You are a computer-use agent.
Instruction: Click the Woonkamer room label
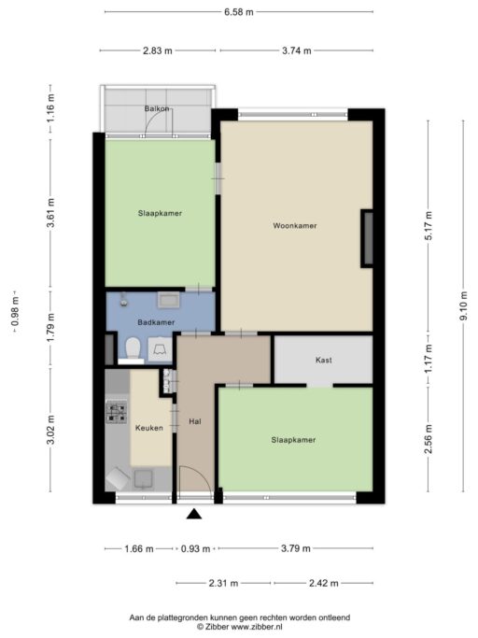(x=294, y=225)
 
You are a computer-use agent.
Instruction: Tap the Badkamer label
(x=156, y=322)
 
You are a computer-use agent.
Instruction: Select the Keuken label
(x=148, y=428)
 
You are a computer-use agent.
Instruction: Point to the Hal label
(x=195, y=421)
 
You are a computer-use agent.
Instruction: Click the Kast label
(x=323, y=360)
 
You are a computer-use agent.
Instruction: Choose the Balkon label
(x=157, y=108)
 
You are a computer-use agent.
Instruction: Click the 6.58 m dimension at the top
(x=239, y=12)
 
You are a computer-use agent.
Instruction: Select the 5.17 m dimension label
(x=428, y=226)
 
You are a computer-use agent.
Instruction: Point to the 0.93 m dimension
(x=195, y=549)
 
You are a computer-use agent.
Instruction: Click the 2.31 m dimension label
(x=223, y=583)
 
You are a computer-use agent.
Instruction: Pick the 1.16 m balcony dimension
(x=50, y=108)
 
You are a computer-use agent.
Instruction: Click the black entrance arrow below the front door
(x=194, y=515)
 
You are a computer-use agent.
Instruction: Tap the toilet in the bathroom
(x=133, y=349)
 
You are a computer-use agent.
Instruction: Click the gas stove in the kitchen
(x=117, y=412)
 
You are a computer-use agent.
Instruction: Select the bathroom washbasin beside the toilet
(x=159, y=349)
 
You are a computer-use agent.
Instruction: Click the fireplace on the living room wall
(x=367, y=239)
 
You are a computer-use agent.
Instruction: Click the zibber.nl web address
(x=257, y=627)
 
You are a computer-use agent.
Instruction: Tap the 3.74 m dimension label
(x=297, y=50)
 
